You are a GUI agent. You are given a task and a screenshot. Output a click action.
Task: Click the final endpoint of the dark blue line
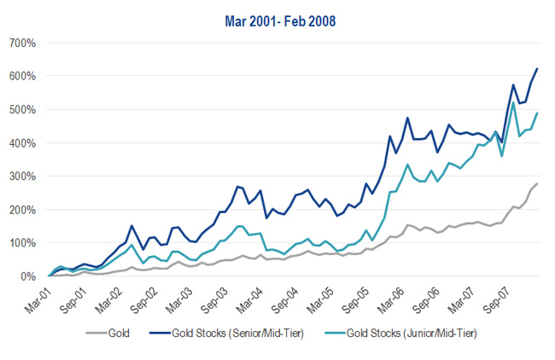coord(537,68)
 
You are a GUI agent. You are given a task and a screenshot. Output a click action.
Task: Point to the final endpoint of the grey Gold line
coord(537,183)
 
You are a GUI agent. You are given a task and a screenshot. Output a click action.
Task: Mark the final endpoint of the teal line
coord(537,113)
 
